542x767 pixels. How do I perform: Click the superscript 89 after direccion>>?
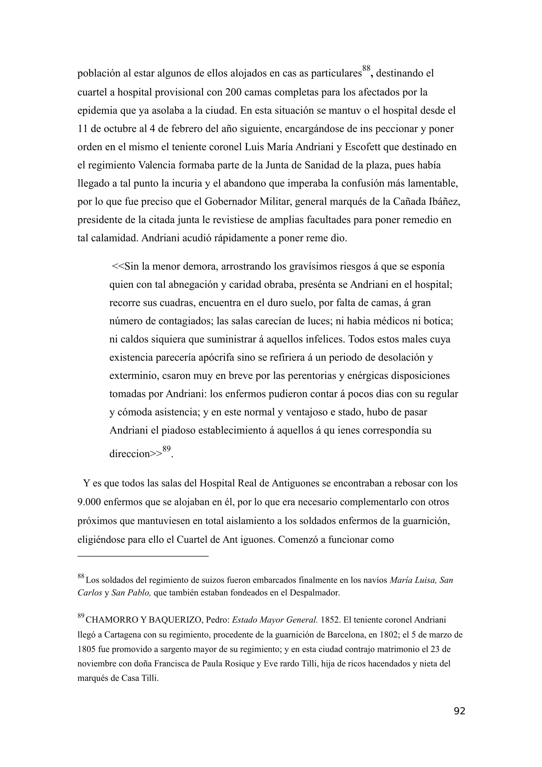coord(166,449)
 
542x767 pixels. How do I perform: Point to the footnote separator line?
coord(143,556)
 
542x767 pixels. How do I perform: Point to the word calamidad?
coord(111,238)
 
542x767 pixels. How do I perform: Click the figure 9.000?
coord(89,502)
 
